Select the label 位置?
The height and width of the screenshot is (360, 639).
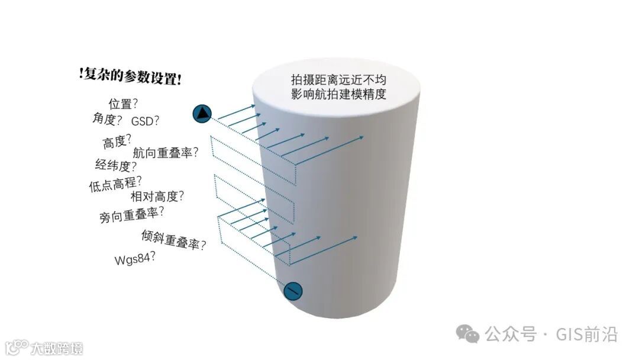click(123, 104)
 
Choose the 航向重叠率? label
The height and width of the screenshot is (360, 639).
click(166, 153)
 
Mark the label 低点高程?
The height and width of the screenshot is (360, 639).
click(115, 185)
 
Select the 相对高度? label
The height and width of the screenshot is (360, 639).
click(157, 195)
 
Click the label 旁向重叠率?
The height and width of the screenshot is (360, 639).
click(132, 214)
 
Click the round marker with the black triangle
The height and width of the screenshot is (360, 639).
click(202, 113)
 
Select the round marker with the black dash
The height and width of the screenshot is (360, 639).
click(293, 291)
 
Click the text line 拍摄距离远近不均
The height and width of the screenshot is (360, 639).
click(338, 80)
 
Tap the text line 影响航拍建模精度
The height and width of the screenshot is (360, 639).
click(338, 95)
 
